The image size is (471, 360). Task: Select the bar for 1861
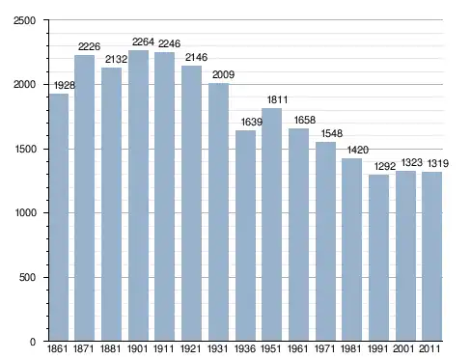tap(59, 217)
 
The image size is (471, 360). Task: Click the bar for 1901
tap(138, 196)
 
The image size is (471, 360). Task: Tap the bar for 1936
tap(245, 235)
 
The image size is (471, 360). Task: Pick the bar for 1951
tap(271, 225)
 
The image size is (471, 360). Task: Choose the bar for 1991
tap(378, 258)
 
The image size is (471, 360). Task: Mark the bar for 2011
tap(431, 257)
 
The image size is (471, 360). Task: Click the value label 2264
tap(143, 42)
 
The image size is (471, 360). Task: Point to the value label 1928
tap(65, 85)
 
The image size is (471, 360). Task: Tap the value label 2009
tap(223, 74)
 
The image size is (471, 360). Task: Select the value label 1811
tap(277, 99)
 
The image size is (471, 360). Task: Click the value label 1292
tap(385, 166)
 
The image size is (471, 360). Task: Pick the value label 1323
tap(412, 162)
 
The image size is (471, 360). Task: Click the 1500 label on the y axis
tap(25, 150)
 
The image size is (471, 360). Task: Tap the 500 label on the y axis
tap(27, 277)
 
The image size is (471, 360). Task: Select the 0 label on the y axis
tap(33, 342)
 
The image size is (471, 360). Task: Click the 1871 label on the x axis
tap(83, 348)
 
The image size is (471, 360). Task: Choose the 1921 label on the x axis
tap(190, 348)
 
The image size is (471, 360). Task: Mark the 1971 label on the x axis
tap(324, 348)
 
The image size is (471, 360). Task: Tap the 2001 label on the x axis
tap(403, 348)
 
